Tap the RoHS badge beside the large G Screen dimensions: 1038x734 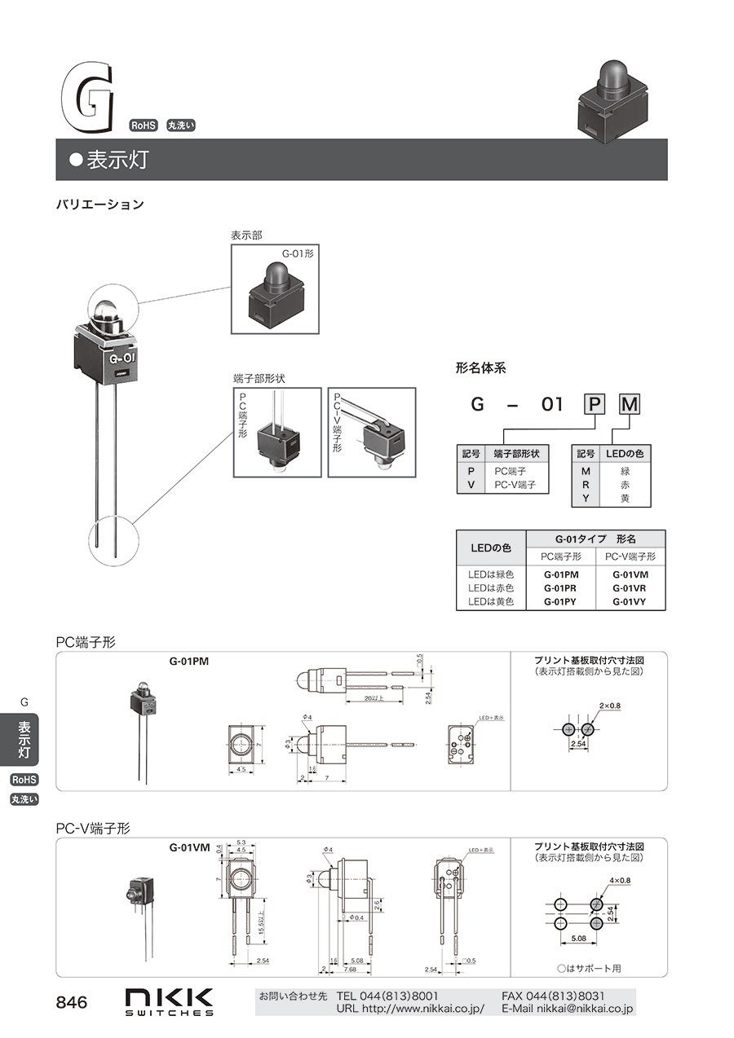pyautogui.click(x=144, y=125)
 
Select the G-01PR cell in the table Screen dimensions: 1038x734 pyautogui.click(x=560, y=587)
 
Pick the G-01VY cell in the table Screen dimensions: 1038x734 pyautogui.click(x=629, y=601)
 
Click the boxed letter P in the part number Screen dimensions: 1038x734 pyautogui.click(x=595, y=404)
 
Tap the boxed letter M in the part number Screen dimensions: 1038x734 pyautogui.click(x=630, y=404)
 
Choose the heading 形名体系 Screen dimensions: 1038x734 pyautogui.click(x=480, y=367)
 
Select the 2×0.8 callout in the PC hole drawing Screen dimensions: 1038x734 pyautogui.click(x=609, y=705)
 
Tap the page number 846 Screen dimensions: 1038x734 pyautogui.click(x=71, y=1003)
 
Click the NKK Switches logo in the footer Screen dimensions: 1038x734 pyautogui.click(x=169, y=1001)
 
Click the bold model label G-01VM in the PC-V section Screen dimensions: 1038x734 pyautogui.click(x=190, y=847)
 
